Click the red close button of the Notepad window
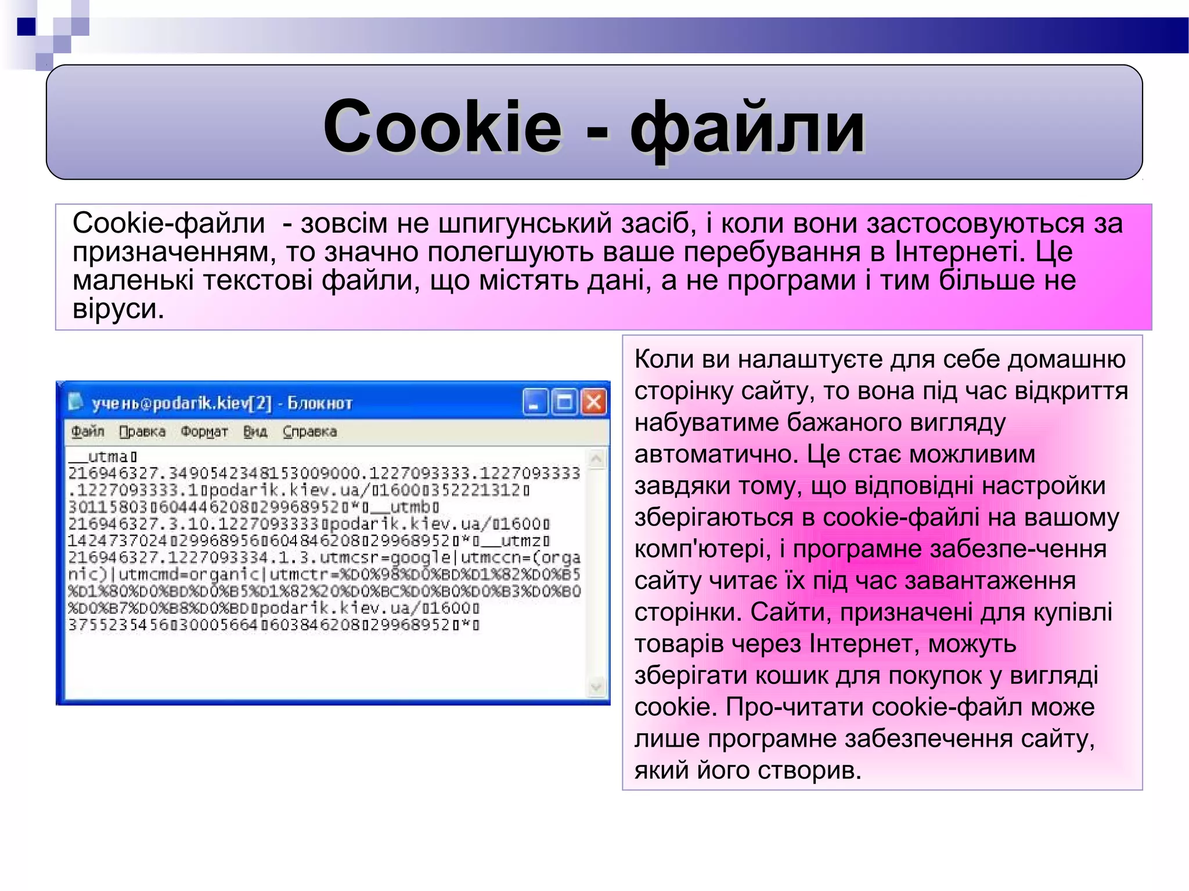click(594, 402)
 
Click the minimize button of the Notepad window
click(535, 402)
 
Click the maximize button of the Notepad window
click(564, 402)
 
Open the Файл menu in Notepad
click(88, 432)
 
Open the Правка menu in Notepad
click(142, 432)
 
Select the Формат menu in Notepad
click(204, 432)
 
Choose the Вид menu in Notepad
click(255, 432)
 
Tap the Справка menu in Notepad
click(309, 432)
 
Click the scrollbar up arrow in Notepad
click(596, 459)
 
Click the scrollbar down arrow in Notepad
click(596, 687)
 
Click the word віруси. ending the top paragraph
click(118, 309)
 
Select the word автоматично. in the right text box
click(716, 454)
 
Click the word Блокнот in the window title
click(320, 403)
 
